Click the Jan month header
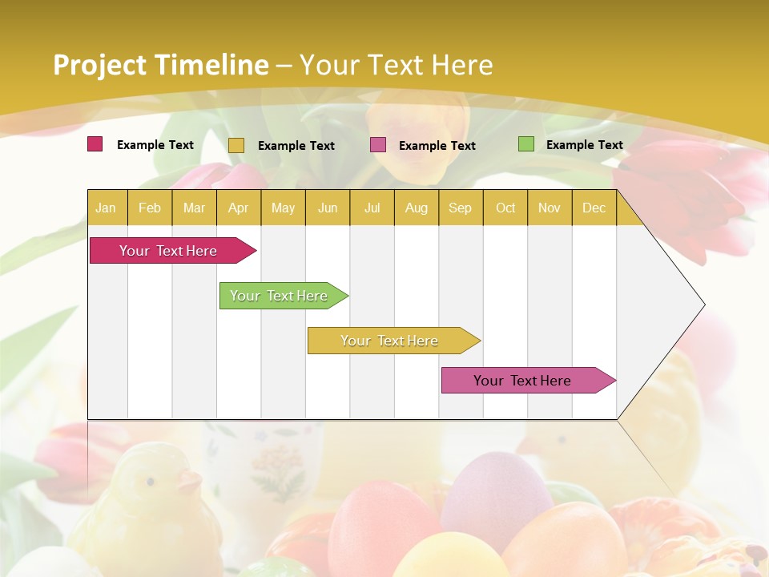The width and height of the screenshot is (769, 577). coord(107,208)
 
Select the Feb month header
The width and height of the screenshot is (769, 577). coord(150,208)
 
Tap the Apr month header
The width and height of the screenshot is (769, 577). coord(238,208)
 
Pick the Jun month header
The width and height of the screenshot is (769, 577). coord(328,208)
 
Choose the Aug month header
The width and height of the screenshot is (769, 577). coord(416,208)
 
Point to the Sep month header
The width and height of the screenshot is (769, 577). coord(460,208)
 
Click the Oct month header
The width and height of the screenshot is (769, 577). coord(505,208)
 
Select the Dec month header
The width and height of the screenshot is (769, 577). coord(594,208)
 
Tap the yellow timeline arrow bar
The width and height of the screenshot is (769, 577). coord(390,341)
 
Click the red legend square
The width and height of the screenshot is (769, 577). coord(95,144)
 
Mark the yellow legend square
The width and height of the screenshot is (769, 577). coord(236,145)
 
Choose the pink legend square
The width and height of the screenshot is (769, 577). coord(378,144)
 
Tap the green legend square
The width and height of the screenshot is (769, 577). coord(525,144)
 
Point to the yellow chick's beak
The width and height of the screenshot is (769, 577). coord(191,482)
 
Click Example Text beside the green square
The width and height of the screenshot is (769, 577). coord(584,145)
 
